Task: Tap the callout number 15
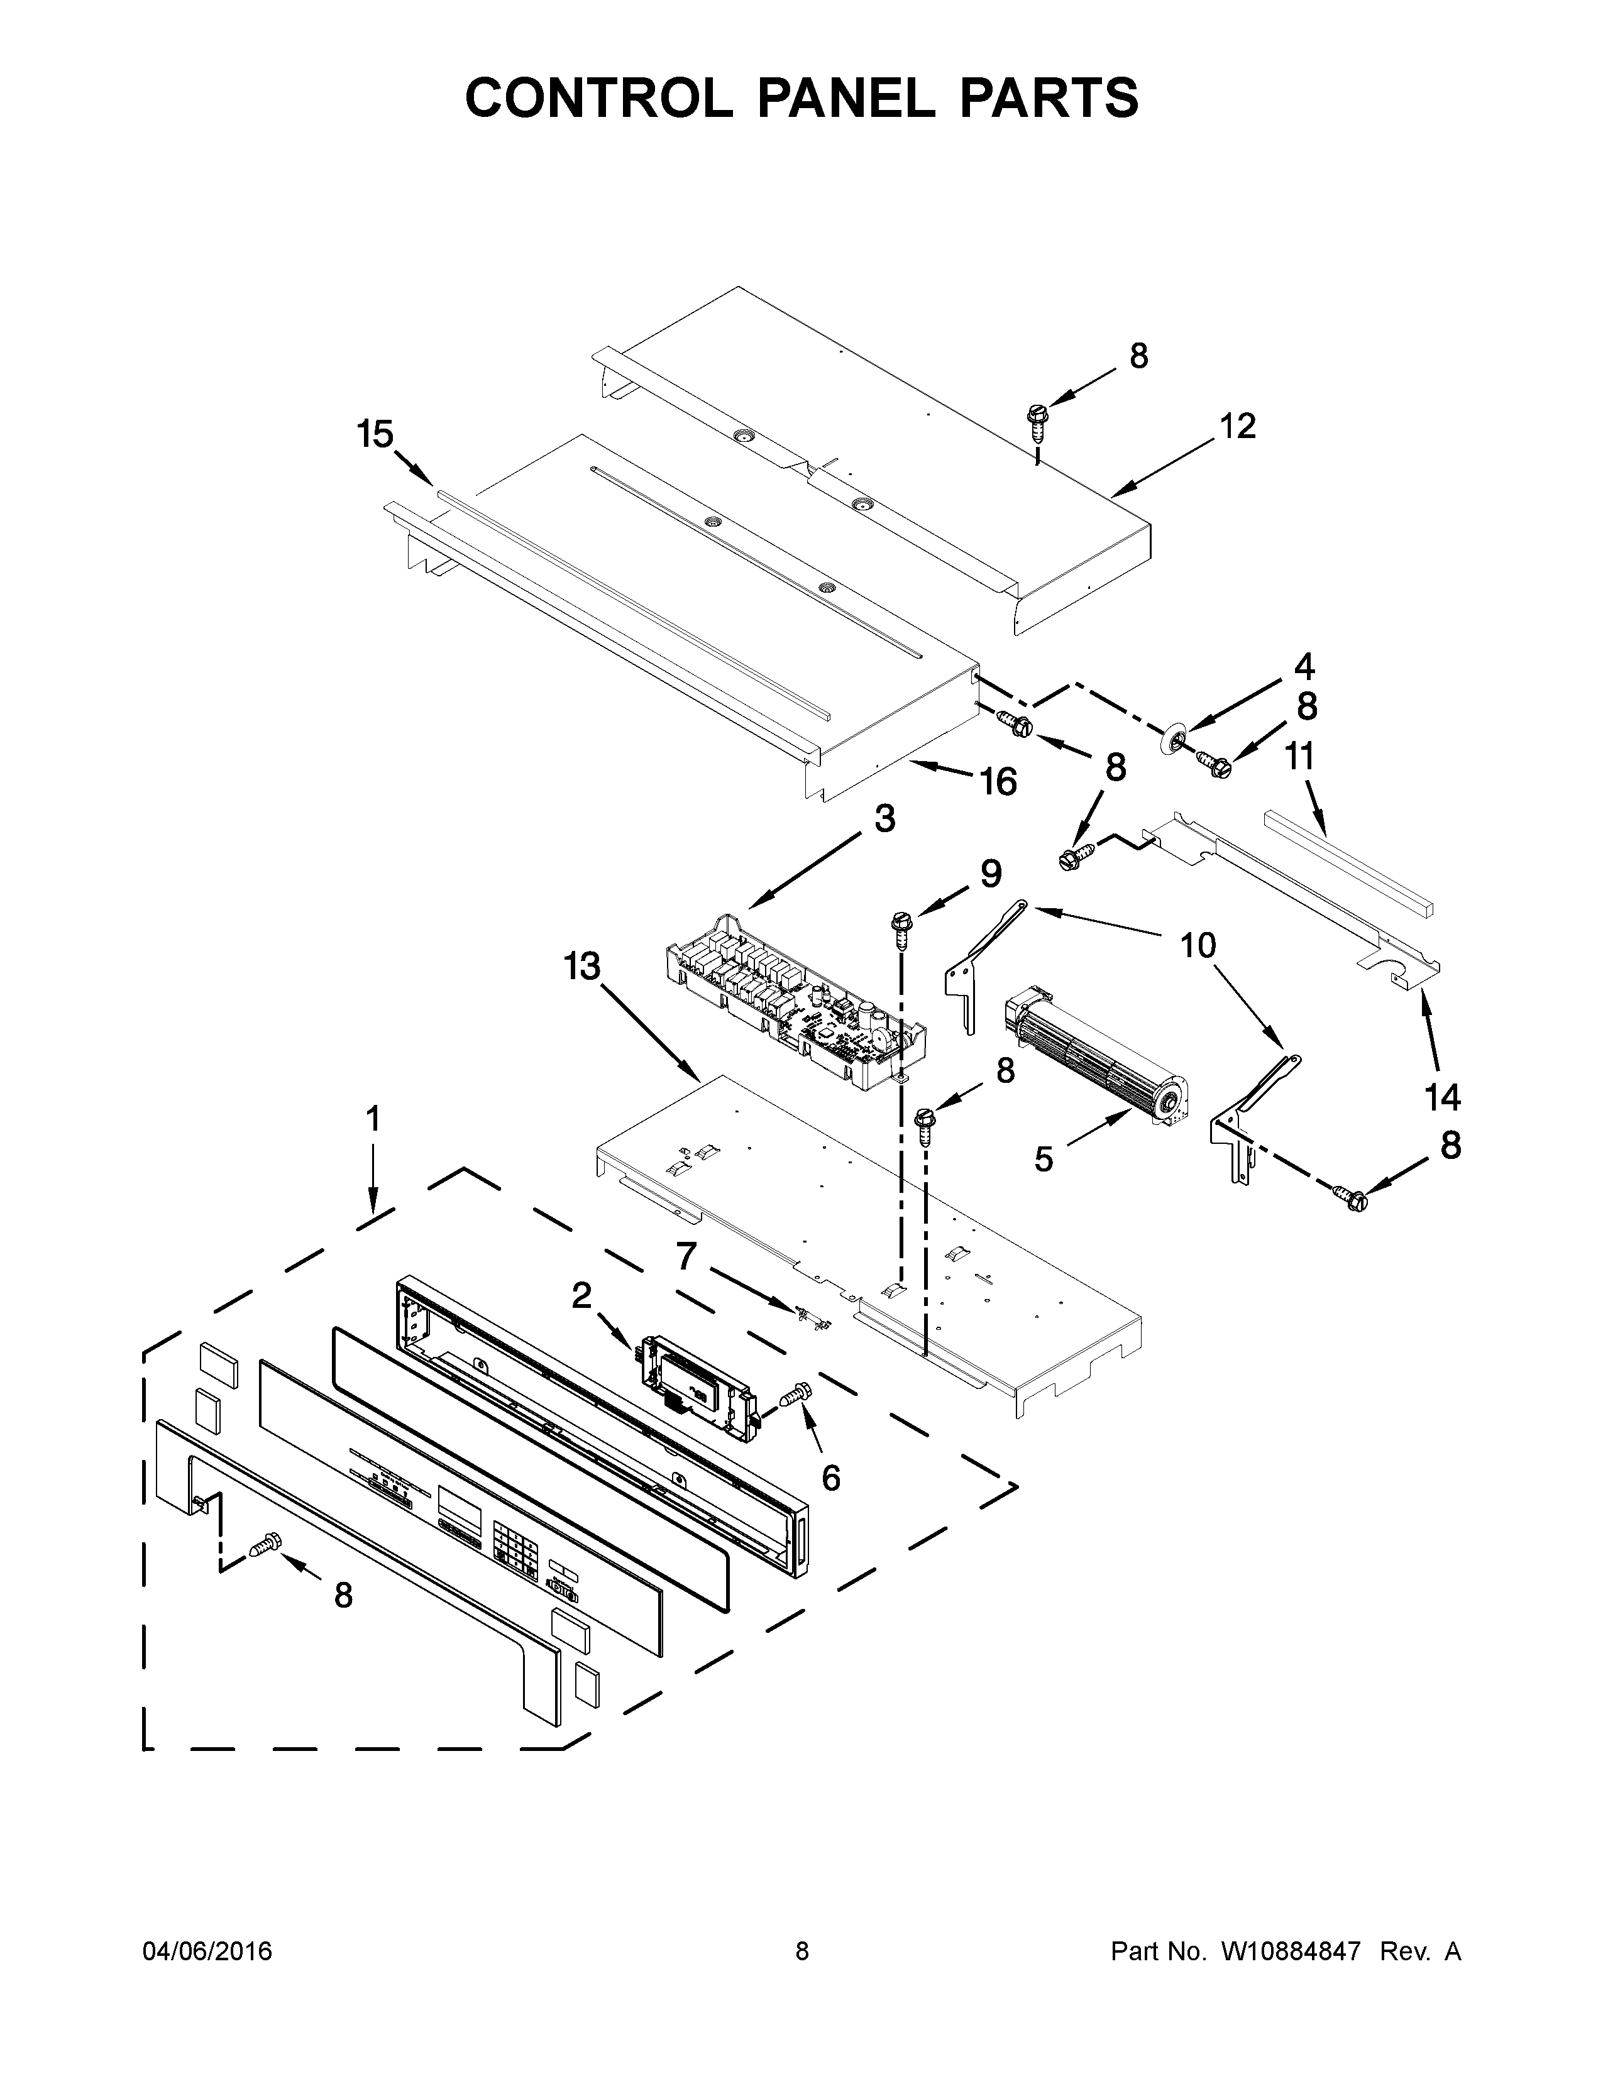coord(375,434)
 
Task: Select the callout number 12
coord(1237,425)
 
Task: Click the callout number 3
coord(884,818)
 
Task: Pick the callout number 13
coord(582,967)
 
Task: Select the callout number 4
coord(1305,667)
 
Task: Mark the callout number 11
coord(1299,757)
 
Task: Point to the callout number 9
coord(991,873)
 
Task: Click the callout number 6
coord(831,1477)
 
